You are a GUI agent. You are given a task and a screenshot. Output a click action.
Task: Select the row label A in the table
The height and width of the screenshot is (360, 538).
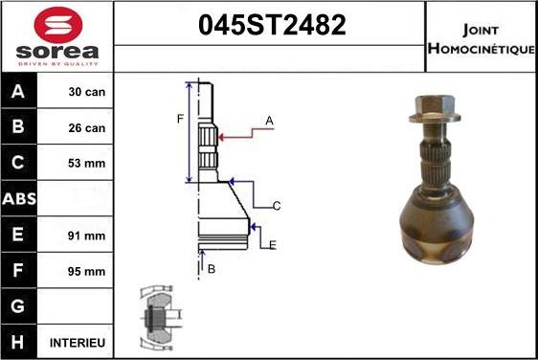[20, 93]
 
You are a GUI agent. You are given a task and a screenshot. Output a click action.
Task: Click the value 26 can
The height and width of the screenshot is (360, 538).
[87, 127]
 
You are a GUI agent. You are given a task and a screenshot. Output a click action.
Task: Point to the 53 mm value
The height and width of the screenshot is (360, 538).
[87, 164]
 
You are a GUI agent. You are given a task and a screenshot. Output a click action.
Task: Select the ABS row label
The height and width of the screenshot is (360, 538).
[20, 199]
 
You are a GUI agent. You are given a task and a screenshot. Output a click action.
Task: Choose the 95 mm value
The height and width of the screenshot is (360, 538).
[87, 271]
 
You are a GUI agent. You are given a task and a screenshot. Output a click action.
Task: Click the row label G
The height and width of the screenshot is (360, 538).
[20, 306]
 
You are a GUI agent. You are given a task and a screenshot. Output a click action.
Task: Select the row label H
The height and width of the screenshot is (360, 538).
[20, 342]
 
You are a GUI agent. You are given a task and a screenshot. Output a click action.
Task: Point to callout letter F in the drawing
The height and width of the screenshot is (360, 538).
[179, 119]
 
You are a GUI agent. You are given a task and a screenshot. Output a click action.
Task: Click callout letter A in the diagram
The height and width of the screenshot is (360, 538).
[269, 121]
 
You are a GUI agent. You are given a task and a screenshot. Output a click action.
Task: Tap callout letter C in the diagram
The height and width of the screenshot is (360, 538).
[276, 206]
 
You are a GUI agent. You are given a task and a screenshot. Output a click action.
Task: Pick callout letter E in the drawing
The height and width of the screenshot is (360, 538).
[272, 245]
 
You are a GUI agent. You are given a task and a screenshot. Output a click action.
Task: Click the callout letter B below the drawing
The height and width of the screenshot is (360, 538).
[212, 269]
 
